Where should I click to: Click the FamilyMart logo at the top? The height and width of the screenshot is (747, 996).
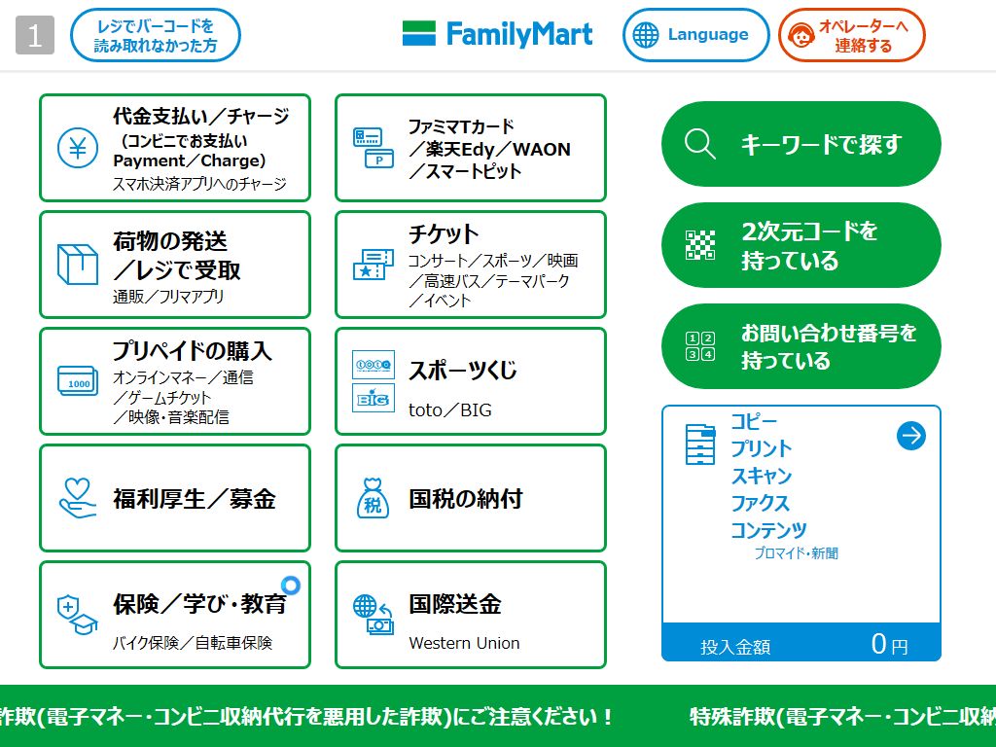click(497, 34)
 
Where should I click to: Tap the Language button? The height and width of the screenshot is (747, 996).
click(695, 35)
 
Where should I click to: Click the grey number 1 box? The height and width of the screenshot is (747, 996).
click(35, 36)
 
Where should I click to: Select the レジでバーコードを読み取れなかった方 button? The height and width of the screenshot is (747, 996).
click(156, 35)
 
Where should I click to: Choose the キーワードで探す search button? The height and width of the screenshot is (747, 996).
click(800, 144)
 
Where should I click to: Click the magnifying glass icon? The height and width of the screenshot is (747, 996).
click(699, 144)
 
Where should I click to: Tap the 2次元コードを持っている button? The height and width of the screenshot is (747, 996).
click(800, 245)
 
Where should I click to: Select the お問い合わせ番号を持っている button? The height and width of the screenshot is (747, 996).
click(800, 346)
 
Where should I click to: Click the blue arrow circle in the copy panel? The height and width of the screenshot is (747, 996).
click(910, 436)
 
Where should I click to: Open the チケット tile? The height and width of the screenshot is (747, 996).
click(470, 265)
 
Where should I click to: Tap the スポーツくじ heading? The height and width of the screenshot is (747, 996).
click(463, 371)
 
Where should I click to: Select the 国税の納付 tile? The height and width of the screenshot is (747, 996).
click(470, 498)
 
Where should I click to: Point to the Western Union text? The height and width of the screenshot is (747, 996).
click(464, 643)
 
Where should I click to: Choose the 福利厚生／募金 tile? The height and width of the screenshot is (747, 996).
click(175, 498)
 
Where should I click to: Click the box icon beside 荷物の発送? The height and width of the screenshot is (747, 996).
click(78, 264)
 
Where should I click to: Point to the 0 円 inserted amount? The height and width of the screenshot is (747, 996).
click(888, 644)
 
